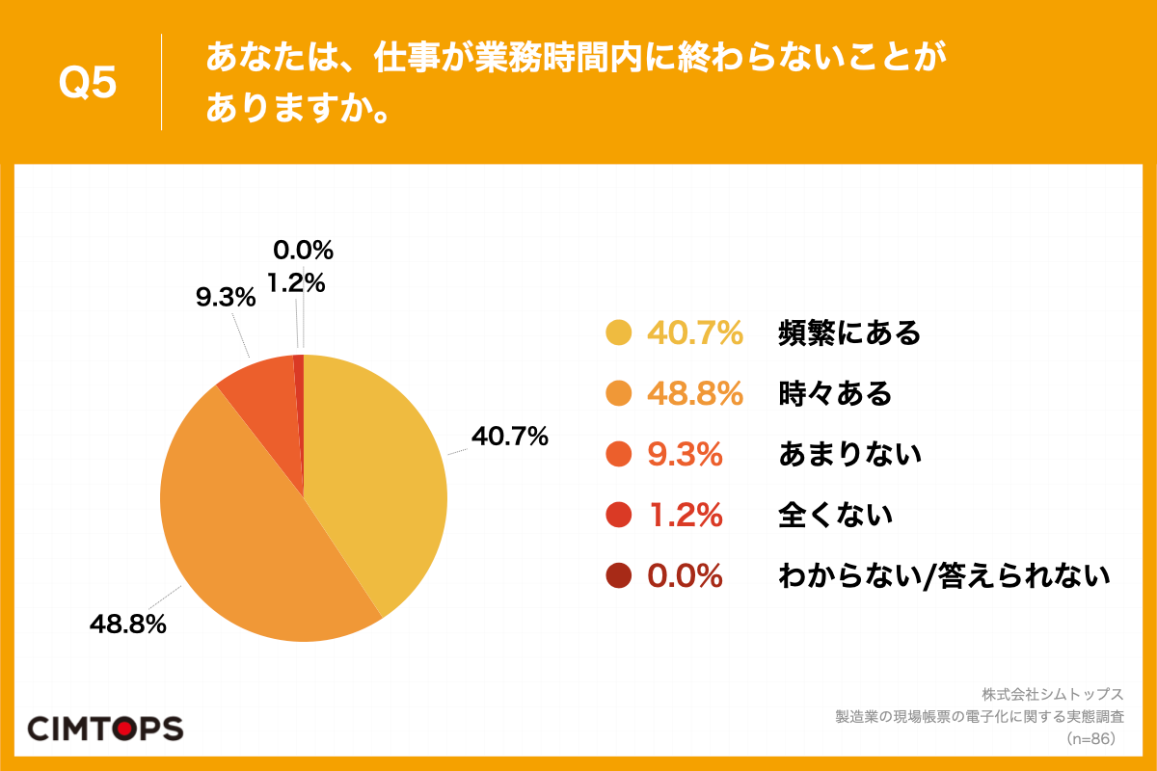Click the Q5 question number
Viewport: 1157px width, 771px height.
coord(88,84)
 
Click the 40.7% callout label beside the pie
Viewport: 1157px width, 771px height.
coord(509,437)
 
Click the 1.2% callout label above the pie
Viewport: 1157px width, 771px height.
coord(296,283)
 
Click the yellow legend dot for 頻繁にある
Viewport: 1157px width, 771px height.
coord(618,333)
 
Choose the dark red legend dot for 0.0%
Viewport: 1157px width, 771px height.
coord(618,576)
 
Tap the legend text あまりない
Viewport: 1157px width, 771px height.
coord(849,455)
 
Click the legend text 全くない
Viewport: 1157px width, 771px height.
coord(835,516)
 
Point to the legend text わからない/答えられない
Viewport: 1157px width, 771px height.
coord(944,576)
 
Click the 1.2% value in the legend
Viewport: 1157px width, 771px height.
coord(685,516)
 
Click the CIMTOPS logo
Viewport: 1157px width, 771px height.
coord(105,728)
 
